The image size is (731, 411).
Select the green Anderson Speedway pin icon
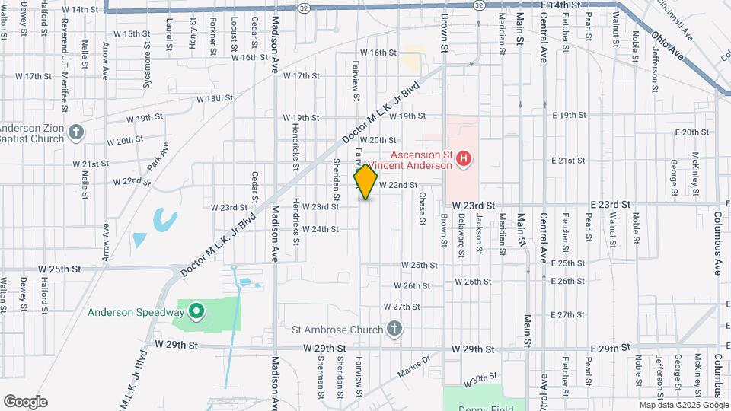(196, 311)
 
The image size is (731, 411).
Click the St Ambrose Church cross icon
(394, 329)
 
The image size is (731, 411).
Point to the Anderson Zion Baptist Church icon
(75, 133)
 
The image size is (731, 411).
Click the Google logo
(25, 402)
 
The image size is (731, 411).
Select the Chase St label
(421, 208)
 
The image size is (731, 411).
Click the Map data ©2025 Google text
(683, 405)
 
